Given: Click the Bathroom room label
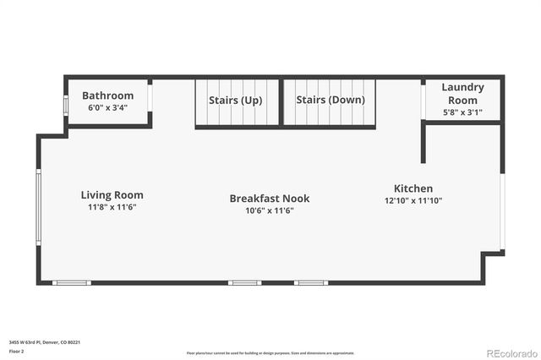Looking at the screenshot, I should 107,95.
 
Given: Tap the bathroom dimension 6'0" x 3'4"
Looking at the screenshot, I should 107,108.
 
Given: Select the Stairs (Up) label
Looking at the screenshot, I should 236,100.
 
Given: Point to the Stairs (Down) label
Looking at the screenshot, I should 331,99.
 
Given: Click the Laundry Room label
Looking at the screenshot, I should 462,93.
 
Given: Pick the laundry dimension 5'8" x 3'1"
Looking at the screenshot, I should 462,112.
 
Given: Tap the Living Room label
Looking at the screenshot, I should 112,194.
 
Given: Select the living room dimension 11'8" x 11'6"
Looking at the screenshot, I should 112,207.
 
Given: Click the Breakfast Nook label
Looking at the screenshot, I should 270,199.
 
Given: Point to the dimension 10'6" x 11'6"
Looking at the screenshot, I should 270,211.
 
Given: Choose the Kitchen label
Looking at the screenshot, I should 413,188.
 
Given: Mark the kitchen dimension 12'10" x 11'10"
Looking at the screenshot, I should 413,201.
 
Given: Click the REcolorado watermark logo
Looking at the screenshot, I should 510,352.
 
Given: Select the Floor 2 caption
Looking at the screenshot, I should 16,351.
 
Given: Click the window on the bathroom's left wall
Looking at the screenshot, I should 66,105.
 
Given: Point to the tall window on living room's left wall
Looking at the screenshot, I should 38,206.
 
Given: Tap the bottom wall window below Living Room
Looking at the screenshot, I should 72,282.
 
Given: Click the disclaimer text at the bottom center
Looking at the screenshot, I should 270,352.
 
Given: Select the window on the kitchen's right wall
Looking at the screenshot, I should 502,211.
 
